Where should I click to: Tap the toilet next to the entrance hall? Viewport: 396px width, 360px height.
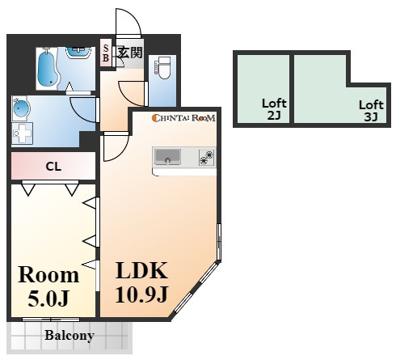163,67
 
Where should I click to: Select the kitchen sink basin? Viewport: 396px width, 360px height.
167,156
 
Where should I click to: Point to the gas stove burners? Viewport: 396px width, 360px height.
207,157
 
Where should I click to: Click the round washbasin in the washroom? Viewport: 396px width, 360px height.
21,108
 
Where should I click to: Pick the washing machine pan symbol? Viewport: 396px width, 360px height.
22,133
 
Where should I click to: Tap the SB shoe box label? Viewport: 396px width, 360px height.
106,53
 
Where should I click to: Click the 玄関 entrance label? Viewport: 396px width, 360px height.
130,52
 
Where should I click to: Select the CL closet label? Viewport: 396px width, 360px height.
53,167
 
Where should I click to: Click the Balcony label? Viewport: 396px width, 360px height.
70,336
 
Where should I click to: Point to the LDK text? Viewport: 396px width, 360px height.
141,270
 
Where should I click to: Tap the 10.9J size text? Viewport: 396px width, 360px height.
141,294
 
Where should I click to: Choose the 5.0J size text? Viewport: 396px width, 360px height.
48,299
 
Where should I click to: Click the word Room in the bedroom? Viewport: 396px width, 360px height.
48,275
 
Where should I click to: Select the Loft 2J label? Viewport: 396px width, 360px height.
274,109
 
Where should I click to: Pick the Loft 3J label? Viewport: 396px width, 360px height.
371,111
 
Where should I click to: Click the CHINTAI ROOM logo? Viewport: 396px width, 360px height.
183,118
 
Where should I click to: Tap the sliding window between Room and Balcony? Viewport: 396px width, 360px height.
51,320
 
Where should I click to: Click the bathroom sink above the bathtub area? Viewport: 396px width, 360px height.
78,52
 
